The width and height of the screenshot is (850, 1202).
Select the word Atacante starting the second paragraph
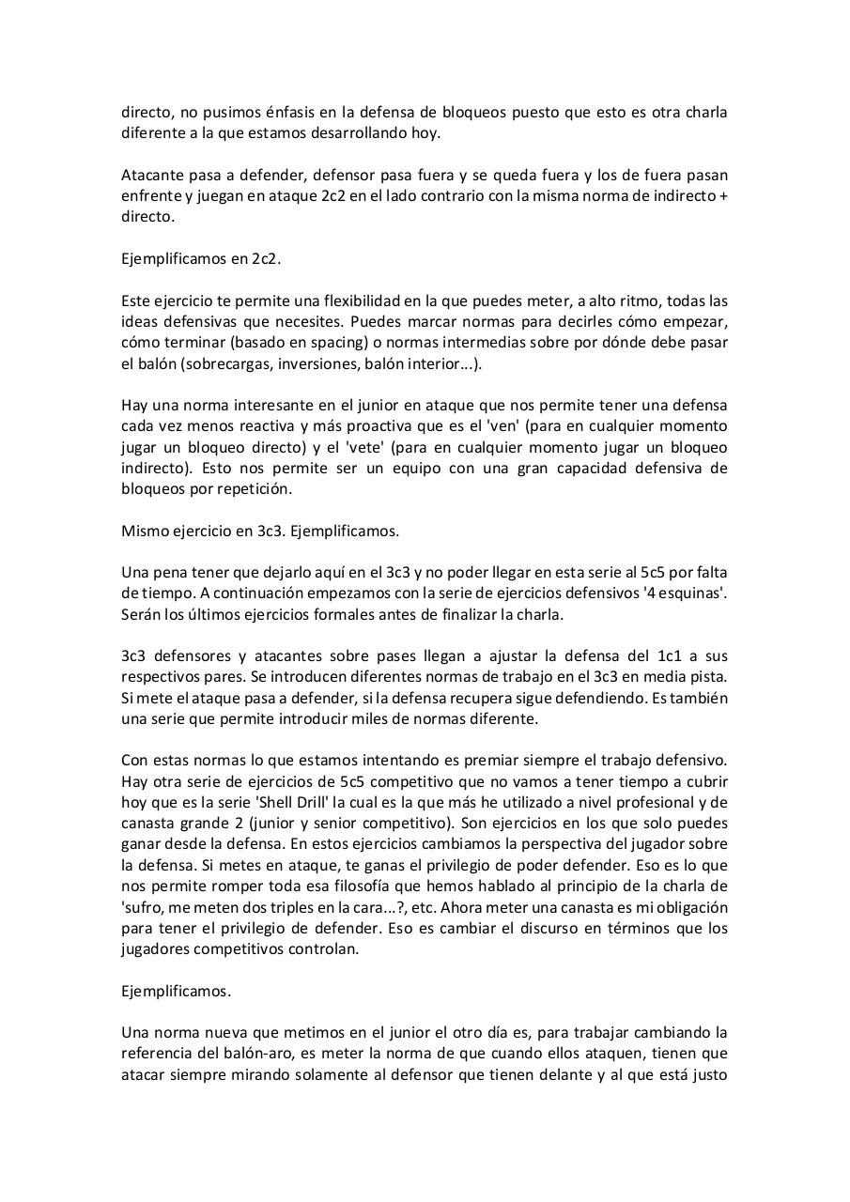coord(152,175)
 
